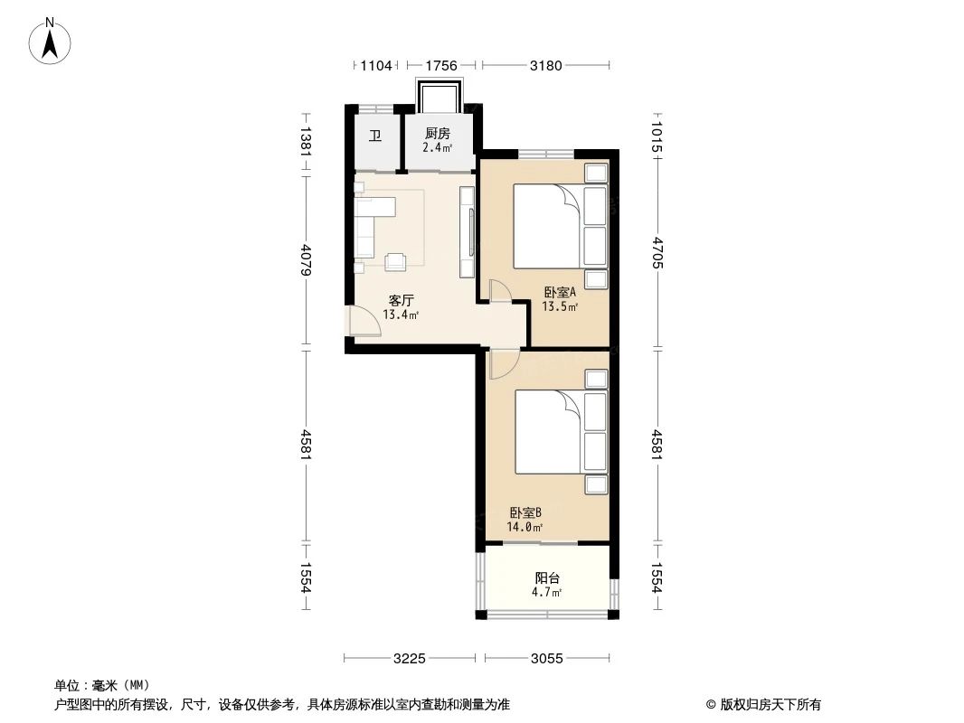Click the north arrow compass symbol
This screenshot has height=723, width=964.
click(50, 42)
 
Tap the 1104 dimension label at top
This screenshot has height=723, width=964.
click(376, 65)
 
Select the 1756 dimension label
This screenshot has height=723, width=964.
click(441, 65)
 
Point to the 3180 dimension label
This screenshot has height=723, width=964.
click(546, 65)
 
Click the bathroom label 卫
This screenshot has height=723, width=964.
click(375, 136)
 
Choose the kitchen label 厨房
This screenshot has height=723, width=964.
click(438, 133)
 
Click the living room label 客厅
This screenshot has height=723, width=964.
click(401, 300)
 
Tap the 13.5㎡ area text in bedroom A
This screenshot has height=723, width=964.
click(560, 305)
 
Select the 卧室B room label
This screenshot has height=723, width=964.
click(525, 512)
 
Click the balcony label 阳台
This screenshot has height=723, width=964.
click(547, 578)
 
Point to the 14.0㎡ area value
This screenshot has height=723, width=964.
click(525, 527)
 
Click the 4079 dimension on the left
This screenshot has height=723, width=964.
click(307, 260)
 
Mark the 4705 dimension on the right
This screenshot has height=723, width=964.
click(657, 252)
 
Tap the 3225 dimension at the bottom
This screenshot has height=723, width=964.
click(410, 659)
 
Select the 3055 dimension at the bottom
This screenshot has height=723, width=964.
click(546, 659)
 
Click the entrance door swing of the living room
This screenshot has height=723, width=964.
click(364, 321)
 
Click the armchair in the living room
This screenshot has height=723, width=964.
click(395, 262)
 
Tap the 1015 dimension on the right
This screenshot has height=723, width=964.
click(657, 137)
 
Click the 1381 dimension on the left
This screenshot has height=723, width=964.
click(307, 141)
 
